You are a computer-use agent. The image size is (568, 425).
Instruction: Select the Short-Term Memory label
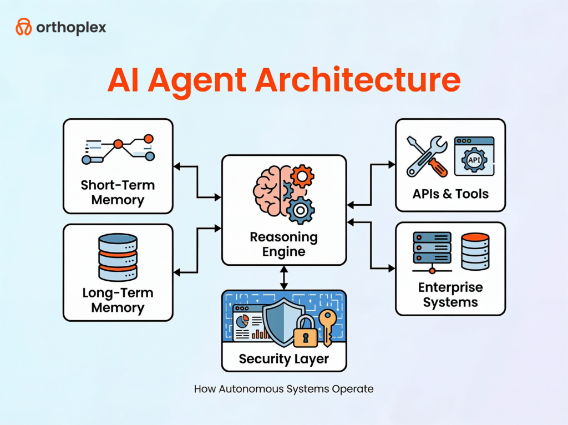(x=118, y=192)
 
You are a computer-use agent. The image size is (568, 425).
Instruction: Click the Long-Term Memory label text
(x=118, y=300)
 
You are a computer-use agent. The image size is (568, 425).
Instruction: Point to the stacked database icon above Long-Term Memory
(x=118, y=257)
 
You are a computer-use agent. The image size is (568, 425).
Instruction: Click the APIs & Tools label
(x=450, y=194)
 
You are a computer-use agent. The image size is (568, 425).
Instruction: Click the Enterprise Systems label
(x=450, y=295)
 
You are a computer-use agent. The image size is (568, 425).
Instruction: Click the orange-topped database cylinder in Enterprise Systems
(x=475, y=251)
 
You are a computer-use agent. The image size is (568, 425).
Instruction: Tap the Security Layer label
(x=283, y=358)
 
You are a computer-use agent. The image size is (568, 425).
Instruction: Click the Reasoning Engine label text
(x=283, y=244)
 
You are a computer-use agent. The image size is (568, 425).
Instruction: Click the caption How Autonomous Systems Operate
(x=283, y=389)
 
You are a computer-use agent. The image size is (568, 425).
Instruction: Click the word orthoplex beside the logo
(x=71, y=27)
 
